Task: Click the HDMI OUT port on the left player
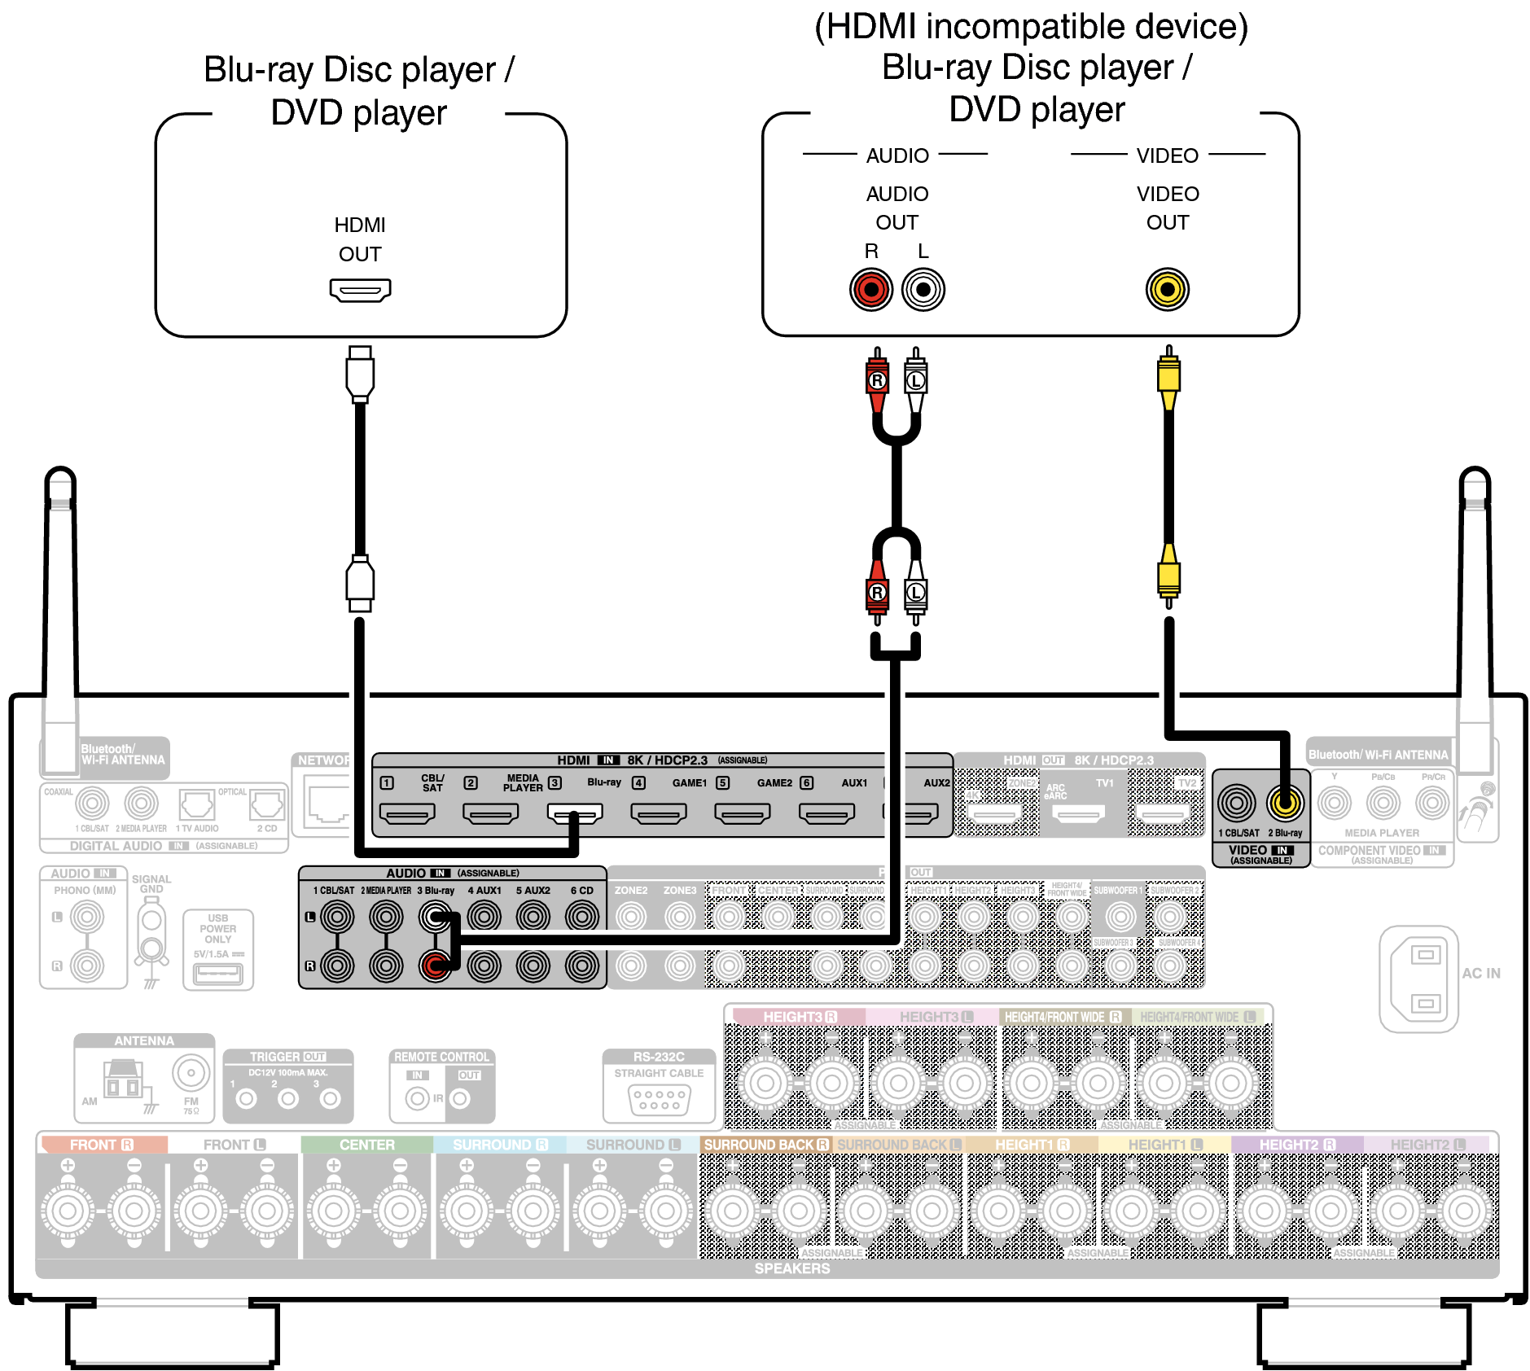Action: (360, 290)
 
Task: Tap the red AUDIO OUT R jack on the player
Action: (871, 290)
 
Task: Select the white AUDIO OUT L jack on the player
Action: (923, 290)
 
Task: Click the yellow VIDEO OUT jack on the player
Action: (1168, 290)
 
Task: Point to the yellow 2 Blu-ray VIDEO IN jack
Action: (1285, 804)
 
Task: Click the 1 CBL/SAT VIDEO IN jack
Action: (1237, 804)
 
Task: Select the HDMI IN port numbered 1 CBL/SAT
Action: (407, 813)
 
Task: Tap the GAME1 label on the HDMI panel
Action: (689, 783)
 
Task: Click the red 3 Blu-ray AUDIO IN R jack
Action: (435, 966)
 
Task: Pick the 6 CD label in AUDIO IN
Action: (581, 891)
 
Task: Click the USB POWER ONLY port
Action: (218, 972)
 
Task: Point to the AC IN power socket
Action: (1419, 979)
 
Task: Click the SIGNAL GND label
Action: (151, 884)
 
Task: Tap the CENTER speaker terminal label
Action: (366, 1145)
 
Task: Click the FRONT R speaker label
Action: (101, 1145)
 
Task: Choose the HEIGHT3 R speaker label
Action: (799, 1017)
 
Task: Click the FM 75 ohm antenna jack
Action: (191, 1074)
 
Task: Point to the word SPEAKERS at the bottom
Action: (791, 1268)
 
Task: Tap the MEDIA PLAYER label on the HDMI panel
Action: (523, 783)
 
